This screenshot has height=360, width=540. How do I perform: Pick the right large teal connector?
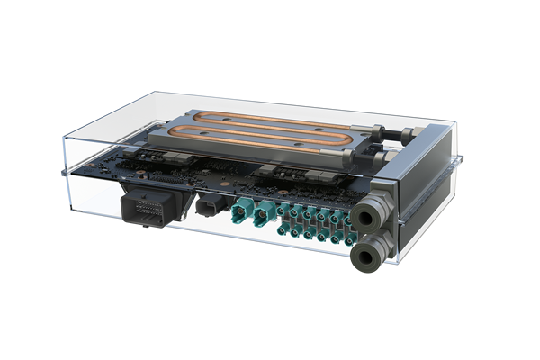pos(266,216)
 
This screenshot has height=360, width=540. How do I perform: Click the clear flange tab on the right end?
pos(459,161)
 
